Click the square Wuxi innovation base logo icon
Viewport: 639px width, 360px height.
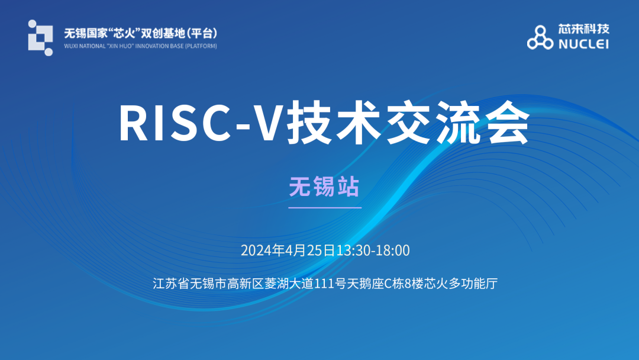coord(40,38)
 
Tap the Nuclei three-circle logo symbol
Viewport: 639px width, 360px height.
coord(540,37)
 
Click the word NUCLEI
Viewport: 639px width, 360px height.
coord(583,44)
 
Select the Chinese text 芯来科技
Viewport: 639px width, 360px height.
coord(583,29)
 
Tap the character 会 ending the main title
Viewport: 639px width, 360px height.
coord(509,123)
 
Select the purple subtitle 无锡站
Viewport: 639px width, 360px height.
coord(324,187)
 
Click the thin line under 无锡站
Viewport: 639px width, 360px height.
coord(325,207)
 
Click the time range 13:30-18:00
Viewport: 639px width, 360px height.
coord(373,250)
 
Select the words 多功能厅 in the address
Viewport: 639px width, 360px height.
coord(473,284)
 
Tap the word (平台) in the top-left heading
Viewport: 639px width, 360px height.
coord(203,33)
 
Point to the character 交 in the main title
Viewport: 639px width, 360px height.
coord(409,123)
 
